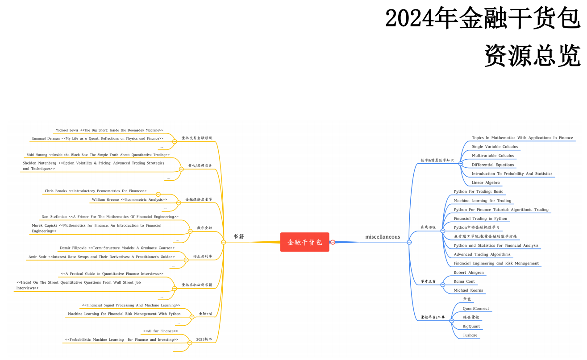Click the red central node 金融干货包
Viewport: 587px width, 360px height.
tap(304, 242)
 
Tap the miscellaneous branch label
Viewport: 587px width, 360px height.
tap(382, 237)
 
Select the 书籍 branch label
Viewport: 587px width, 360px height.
tap(239, 236)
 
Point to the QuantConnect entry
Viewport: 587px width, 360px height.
tap(475, 308)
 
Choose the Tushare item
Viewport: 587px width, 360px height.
tap(470, 335)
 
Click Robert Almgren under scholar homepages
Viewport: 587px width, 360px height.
tap(468, 273)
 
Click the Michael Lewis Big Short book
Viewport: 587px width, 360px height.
tap(109, 130)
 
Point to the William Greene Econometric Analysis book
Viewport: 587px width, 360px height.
tap(129, 199)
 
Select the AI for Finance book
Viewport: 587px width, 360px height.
tap(161, 331)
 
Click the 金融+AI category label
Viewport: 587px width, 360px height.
tap(205, 314)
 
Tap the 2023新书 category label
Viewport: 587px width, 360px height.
tap(204, 339)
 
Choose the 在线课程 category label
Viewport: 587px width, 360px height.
tap(428, 227)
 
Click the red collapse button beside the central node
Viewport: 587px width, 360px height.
tap(333, 242)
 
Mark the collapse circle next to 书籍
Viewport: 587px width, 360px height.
tap(224, 242)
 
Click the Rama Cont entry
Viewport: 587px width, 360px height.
tap(464, 281)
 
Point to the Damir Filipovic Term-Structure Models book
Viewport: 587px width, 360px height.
tap(117, 248)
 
